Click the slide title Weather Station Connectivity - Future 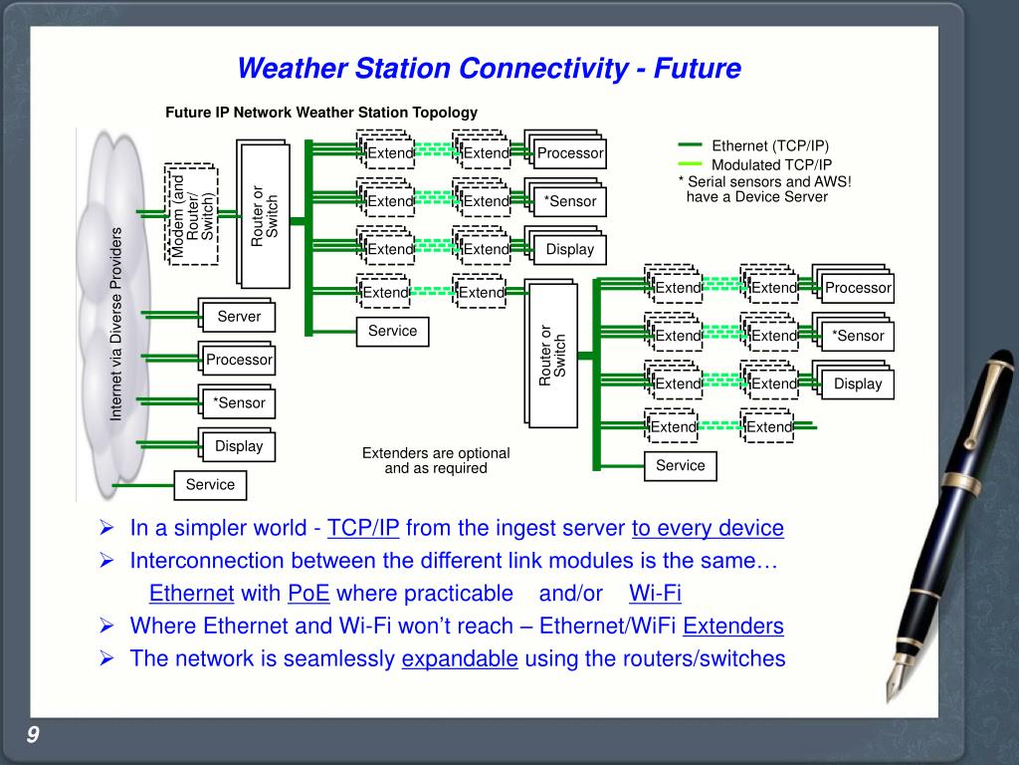coord(490,69)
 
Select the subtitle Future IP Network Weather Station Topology coord(321,113)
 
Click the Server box coord(239,317)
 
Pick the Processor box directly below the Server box coord(239,360)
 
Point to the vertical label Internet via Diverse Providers coord(115,324)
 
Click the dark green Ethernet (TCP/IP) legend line coord(690,144)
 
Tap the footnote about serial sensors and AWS coord(764,188)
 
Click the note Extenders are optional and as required coord(436,460)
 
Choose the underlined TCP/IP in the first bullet coord(363,528)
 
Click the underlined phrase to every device coord(708,528)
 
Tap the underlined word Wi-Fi coord(655,594)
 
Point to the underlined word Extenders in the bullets coord(733,627)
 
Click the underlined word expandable coord(460,658)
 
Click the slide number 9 coord(33,735)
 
